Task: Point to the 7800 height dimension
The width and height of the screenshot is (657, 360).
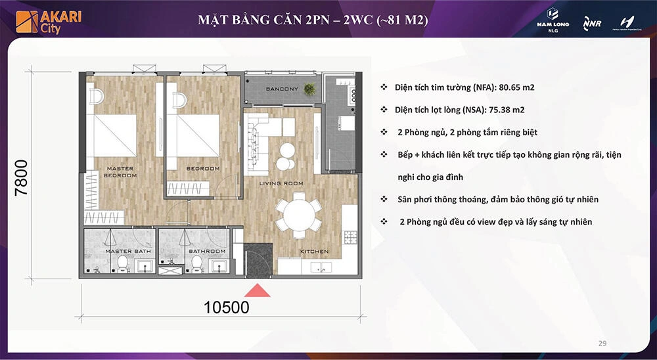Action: (x=21, y=178)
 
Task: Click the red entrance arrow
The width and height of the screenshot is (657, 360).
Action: (x=258, y=290)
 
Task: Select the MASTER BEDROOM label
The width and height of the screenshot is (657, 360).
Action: (x=120, y=172)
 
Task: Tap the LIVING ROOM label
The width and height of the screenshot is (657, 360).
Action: (x=281, y=183)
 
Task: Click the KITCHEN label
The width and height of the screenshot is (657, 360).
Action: (x=314, y=252)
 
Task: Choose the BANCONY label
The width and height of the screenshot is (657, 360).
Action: (x=282, y=89)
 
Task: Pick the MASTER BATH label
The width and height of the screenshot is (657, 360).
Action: (x=120, y=252)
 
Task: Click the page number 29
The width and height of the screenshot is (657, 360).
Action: (x=602, y=343)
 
